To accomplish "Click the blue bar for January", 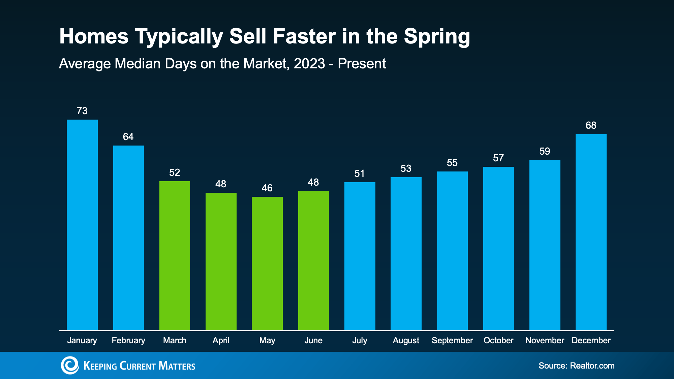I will coord(82,225).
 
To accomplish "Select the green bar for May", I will coord(267,263).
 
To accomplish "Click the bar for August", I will coord(406,253).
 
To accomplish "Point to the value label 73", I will coord(82,111).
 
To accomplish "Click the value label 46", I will coord(267,188).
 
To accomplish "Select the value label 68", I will coord(591,125).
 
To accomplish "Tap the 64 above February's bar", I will coord(128,137).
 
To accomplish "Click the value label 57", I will coord(498,158).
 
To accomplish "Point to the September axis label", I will coord(452,341).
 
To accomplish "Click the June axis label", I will coord(313,341).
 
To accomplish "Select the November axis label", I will coord(545,341).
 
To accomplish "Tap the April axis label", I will coord(221,341).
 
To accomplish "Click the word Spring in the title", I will coord(437,36).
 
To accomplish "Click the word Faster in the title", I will coord(304,36).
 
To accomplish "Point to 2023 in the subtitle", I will coord(309,64).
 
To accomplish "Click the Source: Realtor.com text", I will coord(576,366).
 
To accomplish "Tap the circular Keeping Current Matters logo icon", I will coord(70,365).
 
